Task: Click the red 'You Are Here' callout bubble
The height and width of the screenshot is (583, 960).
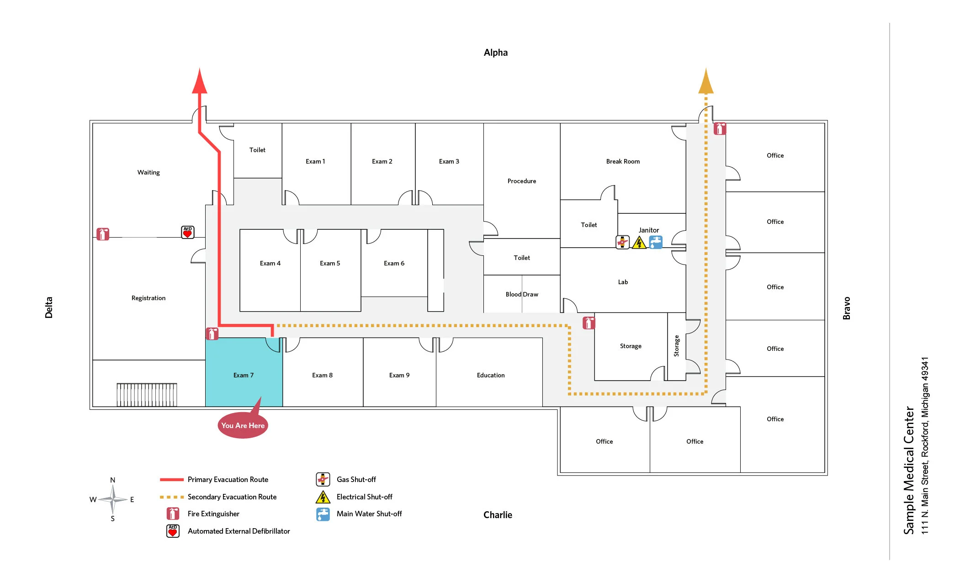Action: click(x=243, y=425)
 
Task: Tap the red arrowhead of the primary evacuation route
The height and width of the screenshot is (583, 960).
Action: click(x=200, y=82)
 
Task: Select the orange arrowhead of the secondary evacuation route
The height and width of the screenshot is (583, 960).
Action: click(x=706, y=82)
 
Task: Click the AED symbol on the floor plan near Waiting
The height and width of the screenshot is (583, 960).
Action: click(x=187, y=232)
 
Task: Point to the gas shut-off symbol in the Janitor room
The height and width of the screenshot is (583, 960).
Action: click(x=622, y=242)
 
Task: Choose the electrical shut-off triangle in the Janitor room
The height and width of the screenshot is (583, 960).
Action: click(x=639, y=243)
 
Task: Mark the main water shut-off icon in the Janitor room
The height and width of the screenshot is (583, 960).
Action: click(x=656, y=242)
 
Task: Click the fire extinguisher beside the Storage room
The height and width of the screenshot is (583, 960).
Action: click(x=589, y=323)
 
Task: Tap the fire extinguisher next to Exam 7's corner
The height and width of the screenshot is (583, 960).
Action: click(x=212, y=334)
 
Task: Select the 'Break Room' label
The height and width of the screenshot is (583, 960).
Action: click(x=623, y=161)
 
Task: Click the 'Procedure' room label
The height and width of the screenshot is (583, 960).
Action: click(x=521, y=181)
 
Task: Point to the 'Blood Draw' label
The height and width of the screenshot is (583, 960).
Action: click(x=522, y=294)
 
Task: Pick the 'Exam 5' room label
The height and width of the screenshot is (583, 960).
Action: click(x=330, y=263)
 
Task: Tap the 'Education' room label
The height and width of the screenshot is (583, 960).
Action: click(x=491, y=375)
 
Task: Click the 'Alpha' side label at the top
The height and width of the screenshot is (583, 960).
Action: click(x=496, y=53)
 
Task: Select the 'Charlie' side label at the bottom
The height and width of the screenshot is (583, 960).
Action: click(x=498, y=515)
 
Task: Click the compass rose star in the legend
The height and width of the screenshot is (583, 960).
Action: click(x=112, y=499)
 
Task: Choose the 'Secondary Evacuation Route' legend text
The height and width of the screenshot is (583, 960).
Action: click(x=232, y=497)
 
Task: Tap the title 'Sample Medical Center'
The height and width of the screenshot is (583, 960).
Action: click(x=909, y=470)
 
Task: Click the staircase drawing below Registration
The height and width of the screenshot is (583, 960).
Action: click(x=147, y=395)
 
